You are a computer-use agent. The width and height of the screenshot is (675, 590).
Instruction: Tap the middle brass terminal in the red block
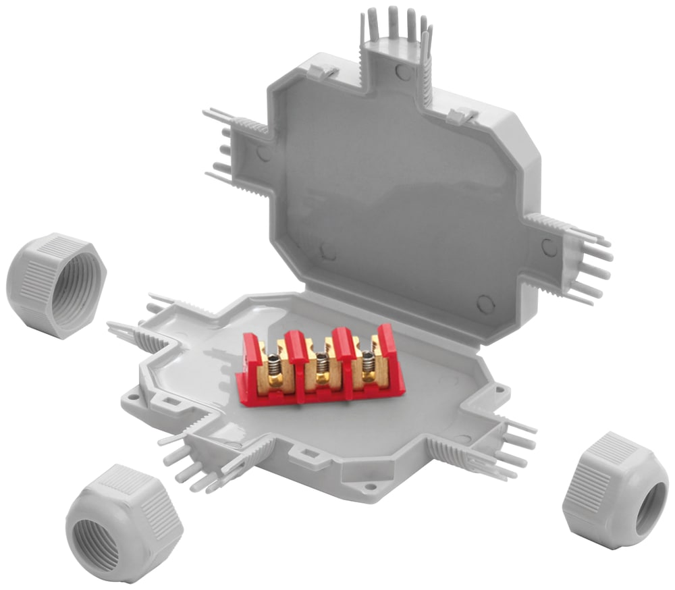[x=323, y=367]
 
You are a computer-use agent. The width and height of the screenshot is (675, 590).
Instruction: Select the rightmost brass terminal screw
[x=368, y=367]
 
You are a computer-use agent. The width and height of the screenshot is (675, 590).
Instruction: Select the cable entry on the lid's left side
[x=240, y=145]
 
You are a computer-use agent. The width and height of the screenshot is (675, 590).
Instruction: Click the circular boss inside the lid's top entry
[x=402, y=72]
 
